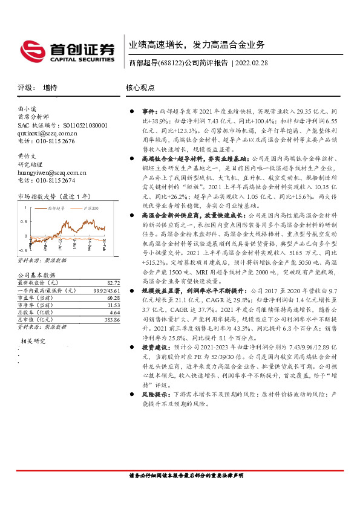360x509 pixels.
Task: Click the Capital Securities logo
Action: click(67, 51)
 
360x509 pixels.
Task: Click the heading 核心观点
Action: click(140, 88)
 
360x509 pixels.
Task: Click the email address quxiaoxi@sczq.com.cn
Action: click(47, 133)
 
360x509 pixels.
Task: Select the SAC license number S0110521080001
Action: click(79, 125)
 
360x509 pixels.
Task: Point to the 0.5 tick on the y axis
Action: click(23, 220)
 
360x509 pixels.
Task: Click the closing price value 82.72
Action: click(113, 282)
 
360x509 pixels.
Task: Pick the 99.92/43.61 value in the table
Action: click(106, 291)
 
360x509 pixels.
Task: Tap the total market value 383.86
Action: click(111, 319)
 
